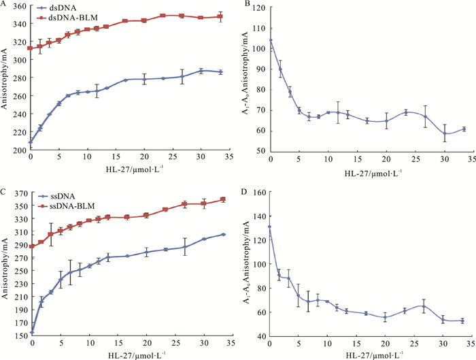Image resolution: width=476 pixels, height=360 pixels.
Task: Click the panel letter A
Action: point(4,5)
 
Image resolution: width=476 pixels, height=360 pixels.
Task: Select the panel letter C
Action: point(4,193)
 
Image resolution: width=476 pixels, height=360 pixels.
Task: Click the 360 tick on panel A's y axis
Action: point(20,7)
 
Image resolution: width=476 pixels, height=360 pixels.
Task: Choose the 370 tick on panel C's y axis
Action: point(20,193)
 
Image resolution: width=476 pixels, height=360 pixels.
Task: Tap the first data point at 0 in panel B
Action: point(271,40)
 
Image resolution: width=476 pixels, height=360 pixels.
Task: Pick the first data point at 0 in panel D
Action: point(271,227)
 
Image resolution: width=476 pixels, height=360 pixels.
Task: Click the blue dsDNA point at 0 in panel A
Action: point(31,142)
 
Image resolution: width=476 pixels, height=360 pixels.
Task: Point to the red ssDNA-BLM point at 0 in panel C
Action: point(31,246)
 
